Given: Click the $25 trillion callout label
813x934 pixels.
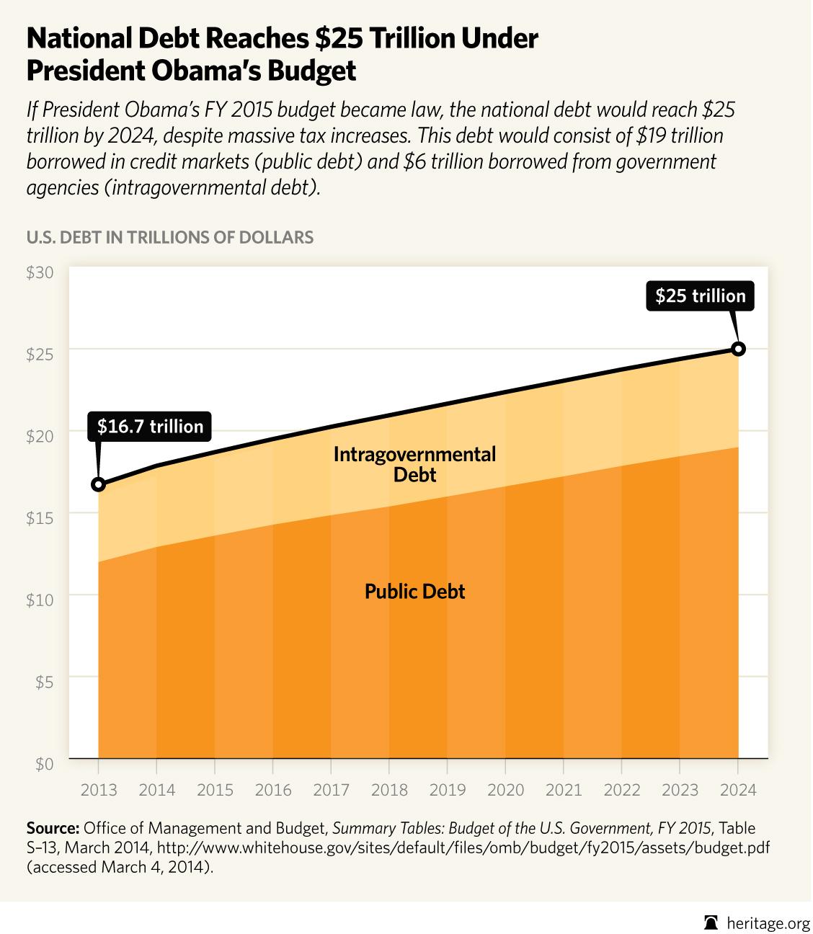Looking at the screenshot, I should point(700,295).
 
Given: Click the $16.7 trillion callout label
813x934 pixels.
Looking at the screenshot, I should point(150,427).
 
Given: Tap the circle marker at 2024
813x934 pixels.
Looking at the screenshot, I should point(738,349).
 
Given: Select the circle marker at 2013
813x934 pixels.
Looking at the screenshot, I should point(99,484).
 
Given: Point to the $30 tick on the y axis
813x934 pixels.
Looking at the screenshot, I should point(40,272).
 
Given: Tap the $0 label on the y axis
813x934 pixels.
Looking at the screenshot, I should point(44,763).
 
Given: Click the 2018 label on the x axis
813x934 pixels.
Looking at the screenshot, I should point(389,790).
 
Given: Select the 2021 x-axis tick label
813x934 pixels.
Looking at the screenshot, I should point(564,790).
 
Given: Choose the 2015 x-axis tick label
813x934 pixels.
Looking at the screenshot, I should point(215,790).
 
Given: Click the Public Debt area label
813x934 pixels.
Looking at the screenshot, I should point(414,592).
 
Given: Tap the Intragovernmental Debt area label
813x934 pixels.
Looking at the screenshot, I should point(414,464).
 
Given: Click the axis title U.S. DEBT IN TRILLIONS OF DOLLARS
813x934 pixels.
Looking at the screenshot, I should point(169,237).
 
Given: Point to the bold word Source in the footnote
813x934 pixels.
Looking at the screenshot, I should point(53,827).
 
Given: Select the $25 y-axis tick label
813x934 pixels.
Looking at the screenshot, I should point(40,354).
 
